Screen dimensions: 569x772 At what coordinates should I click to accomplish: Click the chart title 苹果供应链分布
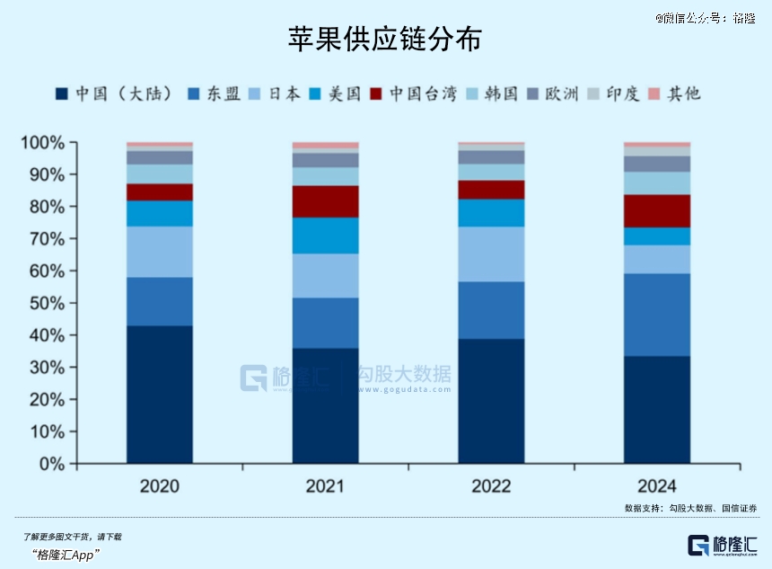385,39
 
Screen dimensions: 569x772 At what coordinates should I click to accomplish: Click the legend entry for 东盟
215,93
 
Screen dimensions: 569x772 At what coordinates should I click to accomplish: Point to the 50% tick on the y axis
44,303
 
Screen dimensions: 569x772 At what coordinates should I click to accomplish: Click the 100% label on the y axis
42,143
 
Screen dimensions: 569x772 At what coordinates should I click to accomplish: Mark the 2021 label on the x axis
325,486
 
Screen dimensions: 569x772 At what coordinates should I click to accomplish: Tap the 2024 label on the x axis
657,486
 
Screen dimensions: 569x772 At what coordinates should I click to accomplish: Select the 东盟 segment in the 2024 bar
657,315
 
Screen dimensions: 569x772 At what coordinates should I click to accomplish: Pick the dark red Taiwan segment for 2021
325,201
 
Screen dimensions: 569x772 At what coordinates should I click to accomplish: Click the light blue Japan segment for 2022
491,253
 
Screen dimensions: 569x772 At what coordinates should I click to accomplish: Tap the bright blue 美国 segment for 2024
657,236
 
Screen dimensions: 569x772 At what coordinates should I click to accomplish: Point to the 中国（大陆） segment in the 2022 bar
491,400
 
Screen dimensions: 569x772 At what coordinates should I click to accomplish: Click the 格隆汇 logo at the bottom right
723,545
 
